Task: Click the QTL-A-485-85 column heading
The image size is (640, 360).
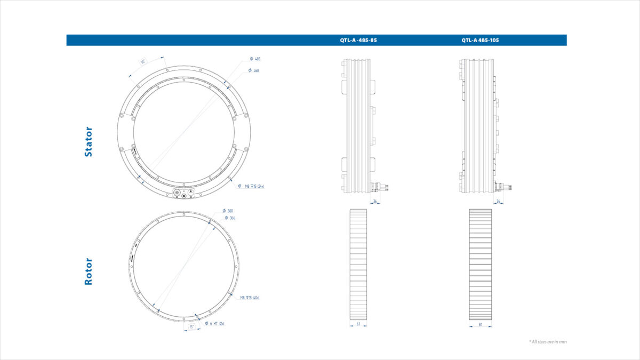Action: (358, 40)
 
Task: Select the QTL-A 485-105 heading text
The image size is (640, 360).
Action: (480, 40)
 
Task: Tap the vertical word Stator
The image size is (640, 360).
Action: (89, 141)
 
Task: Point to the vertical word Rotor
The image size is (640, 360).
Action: (89, 271)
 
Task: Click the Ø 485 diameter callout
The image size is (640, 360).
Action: (255, 59)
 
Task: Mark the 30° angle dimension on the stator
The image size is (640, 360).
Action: (143, 61)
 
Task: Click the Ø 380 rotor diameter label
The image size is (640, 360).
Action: (228, 211)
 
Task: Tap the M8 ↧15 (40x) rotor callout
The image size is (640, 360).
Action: (250, 298)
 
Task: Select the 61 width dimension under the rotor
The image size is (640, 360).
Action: (358, 324)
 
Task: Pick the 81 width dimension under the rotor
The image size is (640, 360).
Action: (480, 324)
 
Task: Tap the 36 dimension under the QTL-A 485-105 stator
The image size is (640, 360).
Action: (498, 201)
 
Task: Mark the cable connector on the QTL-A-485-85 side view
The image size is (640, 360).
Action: (381, 186)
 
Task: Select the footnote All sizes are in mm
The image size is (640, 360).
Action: (547, 341)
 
